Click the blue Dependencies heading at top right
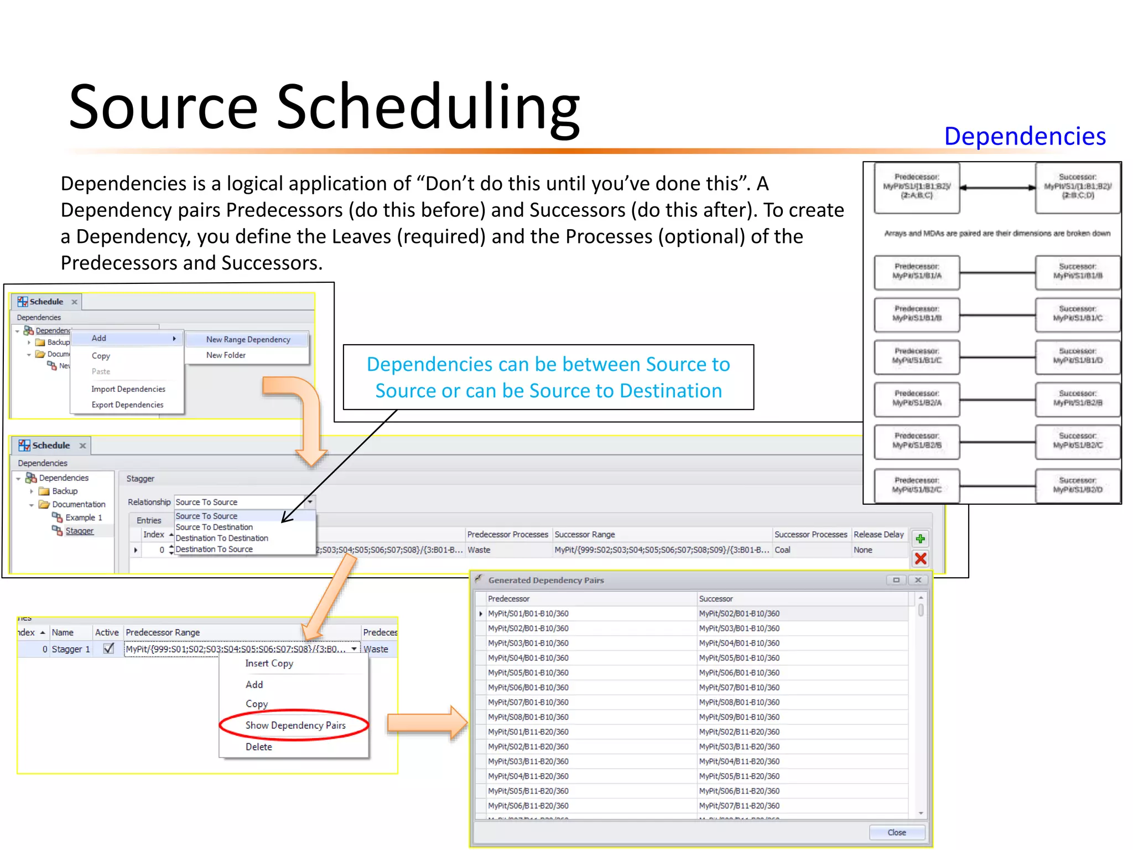point(1025,136)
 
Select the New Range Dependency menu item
point(248,339)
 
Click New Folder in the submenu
point(226,355)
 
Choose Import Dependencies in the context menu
point(128,389)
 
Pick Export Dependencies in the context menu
point(127,405)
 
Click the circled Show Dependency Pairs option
point(295,725)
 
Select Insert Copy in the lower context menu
point(269,663)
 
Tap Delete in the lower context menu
point(258,747)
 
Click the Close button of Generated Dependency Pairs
point(896,832)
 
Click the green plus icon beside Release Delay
point(921,538)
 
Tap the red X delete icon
point(921,558)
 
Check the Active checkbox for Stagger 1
point(108,649)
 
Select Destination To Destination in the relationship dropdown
point(222,538)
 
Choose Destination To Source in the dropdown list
point(214,549)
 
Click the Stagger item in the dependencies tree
point(80,531)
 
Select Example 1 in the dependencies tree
point(84,517)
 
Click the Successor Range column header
point(585,534)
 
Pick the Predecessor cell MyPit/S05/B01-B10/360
point(528,672)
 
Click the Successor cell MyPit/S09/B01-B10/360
point(739,717)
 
